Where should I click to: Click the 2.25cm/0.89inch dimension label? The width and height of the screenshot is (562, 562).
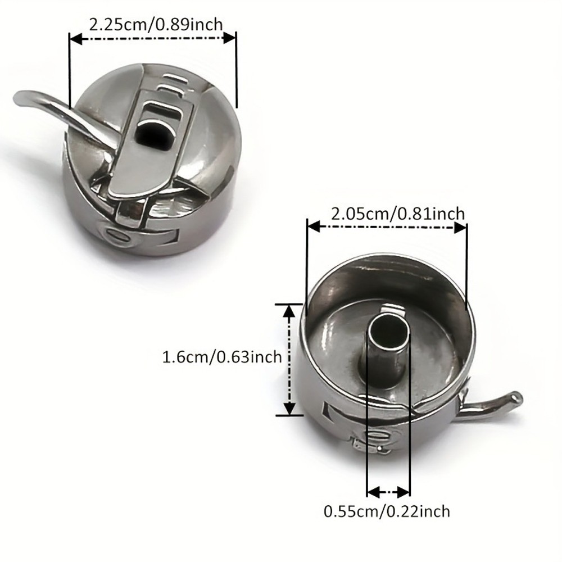(x=156, y=25)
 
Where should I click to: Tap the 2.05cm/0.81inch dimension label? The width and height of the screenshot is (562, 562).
(x=397, y=214)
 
